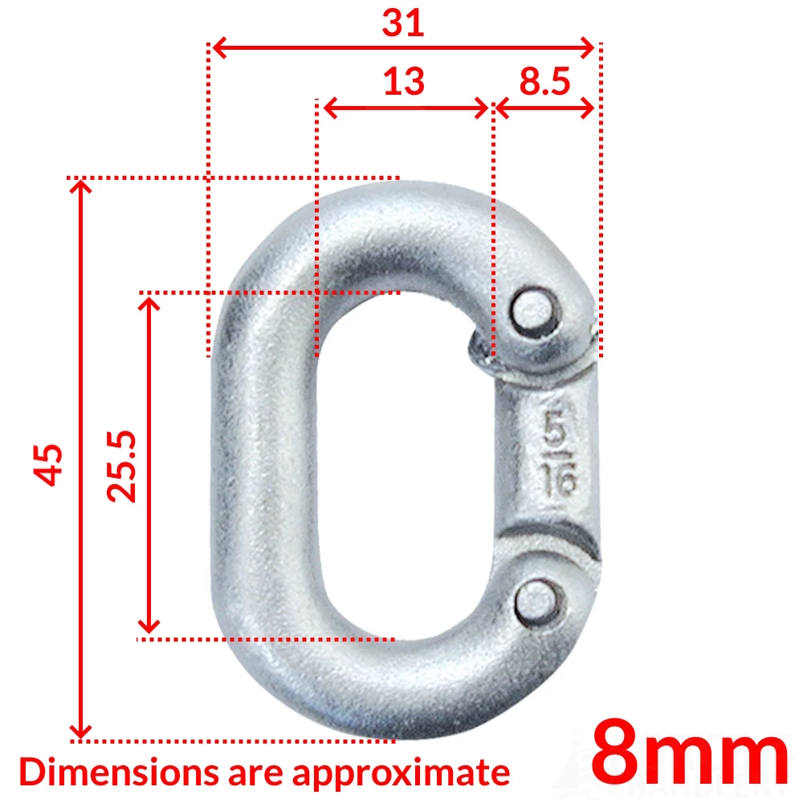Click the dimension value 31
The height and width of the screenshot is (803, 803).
point(402,23)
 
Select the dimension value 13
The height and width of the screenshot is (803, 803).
point(403,81)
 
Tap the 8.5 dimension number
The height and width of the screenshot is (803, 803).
point(544,81)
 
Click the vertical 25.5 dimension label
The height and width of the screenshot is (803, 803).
point(124,467)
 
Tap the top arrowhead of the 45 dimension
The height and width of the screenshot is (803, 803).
point(80,186)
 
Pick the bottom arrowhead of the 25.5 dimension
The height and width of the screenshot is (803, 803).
point(149,625)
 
